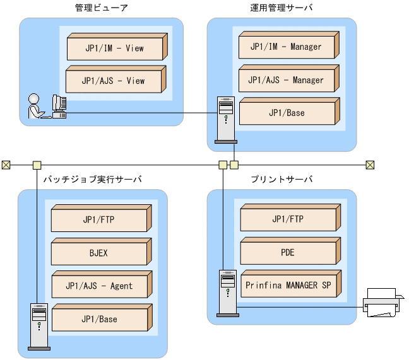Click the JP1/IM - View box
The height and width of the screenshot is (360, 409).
(x=114, y=48)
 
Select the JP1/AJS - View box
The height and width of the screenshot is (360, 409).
(x=114, y=81)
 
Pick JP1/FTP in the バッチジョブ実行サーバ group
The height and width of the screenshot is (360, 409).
(x=99, y=220)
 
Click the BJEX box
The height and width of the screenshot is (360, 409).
(x=99, y=253)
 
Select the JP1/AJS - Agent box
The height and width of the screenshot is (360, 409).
(x=99, y=286)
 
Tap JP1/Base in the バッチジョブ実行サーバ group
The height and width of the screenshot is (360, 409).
(x=99, y=320)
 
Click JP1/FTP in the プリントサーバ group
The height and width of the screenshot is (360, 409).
(x=288, y=220)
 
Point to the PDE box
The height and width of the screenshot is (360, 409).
(x=288, y=253)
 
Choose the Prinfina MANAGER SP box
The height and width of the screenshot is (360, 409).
(x=288, y=286)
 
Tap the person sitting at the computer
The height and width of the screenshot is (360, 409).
(x=34, y=106)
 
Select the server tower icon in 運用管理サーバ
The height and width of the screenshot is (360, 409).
(x=225, y=119)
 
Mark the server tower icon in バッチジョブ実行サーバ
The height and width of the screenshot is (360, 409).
(x=39, y=326)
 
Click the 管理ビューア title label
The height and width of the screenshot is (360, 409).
(x=101, y=8)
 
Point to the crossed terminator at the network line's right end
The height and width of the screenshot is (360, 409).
(x=370, y=165)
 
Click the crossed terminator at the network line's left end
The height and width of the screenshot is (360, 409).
(x=6, y=165)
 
